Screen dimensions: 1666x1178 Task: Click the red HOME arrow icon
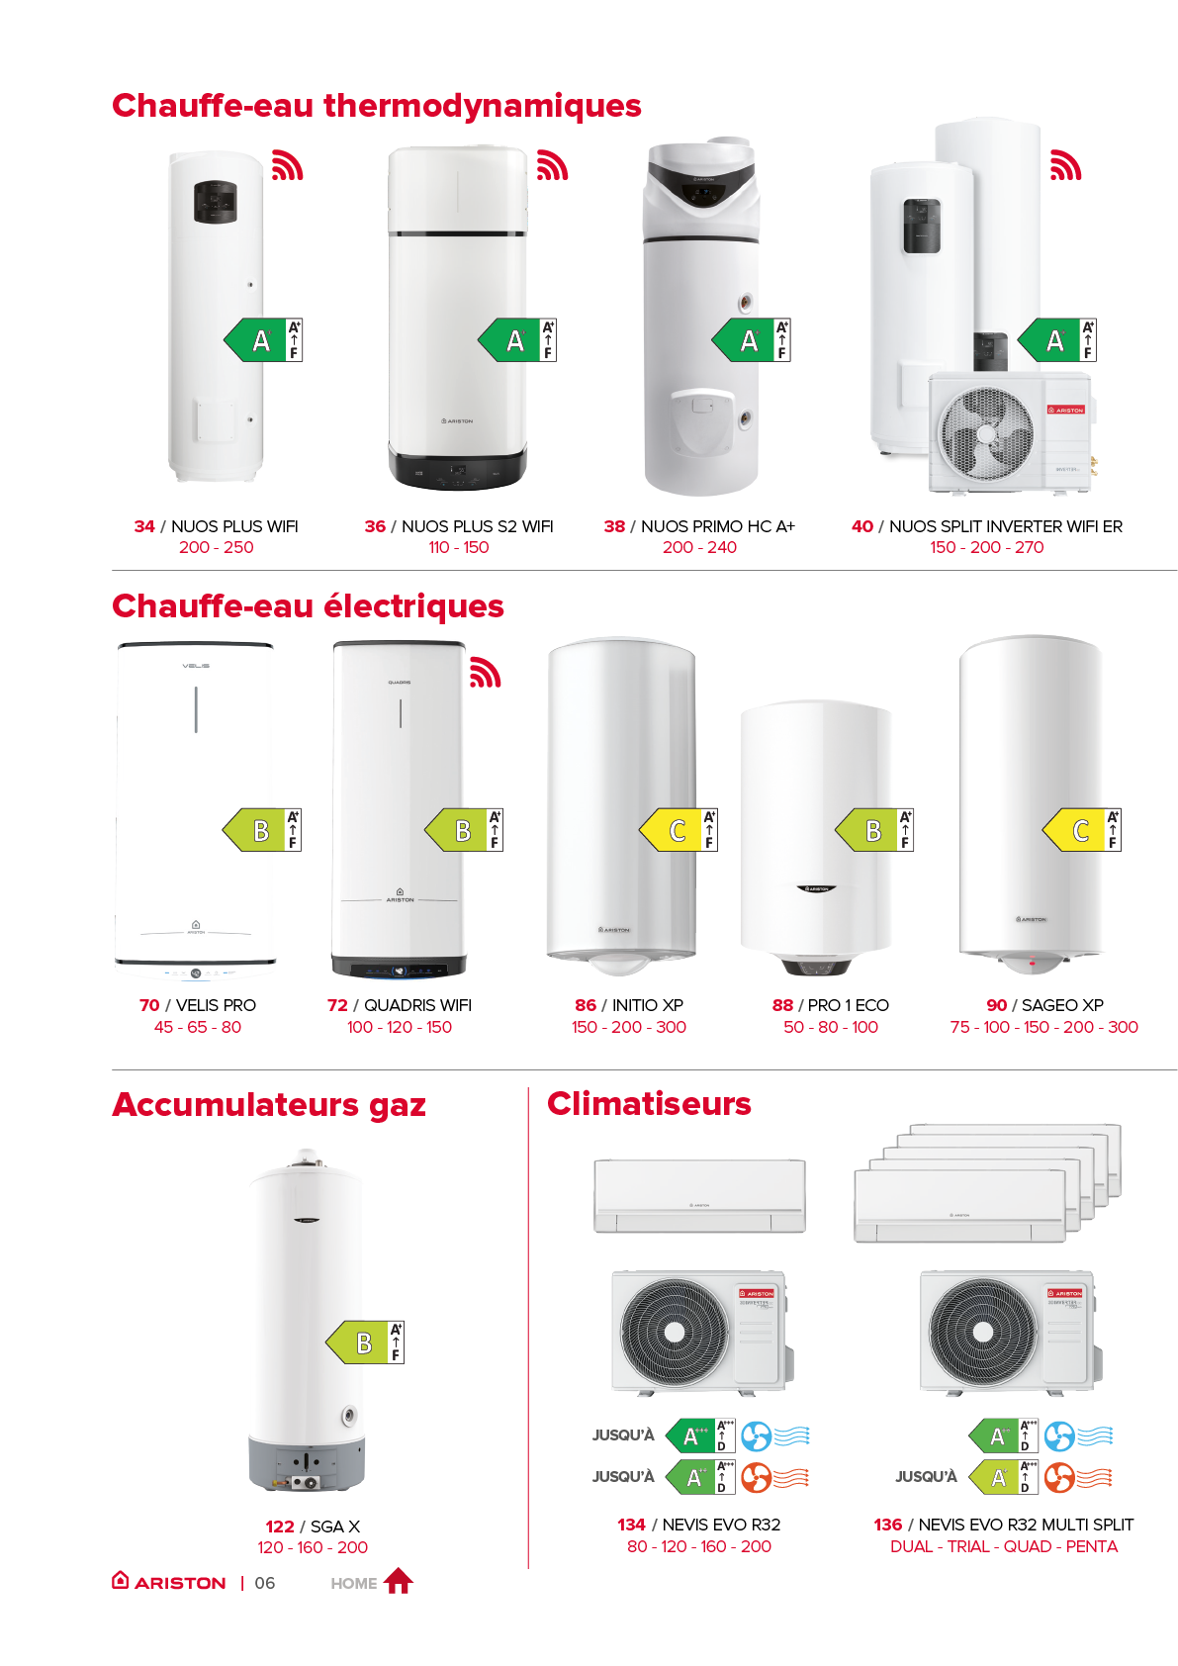tap(398, 1581)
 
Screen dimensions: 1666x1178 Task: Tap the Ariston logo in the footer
tap(169, 1582)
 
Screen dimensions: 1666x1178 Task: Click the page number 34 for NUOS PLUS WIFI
tap(144, 526)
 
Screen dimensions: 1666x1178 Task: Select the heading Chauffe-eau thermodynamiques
tap(377, 105)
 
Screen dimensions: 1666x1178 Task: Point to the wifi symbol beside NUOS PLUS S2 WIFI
tap(552, 165)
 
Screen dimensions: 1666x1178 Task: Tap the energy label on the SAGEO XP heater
tap(1082, 830)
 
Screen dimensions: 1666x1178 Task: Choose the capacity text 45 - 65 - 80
tap(198, 1027)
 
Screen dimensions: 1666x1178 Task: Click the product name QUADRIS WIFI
tap(417, 1005)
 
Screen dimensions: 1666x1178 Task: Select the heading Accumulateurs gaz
tap(269, 1104)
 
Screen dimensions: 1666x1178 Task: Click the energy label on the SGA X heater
tap(365, 1342)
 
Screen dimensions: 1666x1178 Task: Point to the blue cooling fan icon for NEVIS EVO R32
tap(756, 1435)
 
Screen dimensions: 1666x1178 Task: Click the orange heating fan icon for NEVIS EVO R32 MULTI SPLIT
tap(1059, 1478)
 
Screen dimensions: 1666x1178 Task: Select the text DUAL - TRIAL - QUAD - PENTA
tap(1004, 1546)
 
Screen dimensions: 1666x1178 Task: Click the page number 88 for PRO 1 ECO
tap(782, 1005)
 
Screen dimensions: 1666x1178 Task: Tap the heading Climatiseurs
tap(649, 1104)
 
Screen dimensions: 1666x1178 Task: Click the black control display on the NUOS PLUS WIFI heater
tap(215, 202)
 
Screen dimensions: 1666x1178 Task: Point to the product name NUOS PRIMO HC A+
tap(717, 526)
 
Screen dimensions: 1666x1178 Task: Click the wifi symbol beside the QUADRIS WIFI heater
tap(485, 672)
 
